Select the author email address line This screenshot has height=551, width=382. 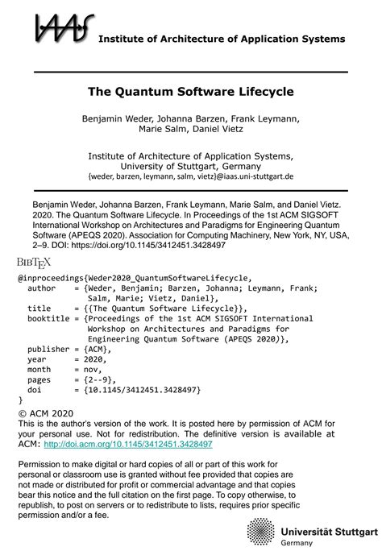point(190,176)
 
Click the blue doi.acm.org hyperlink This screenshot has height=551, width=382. point(127,443)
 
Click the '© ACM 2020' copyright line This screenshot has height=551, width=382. point(49,412)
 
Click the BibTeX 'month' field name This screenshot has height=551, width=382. point(40,370)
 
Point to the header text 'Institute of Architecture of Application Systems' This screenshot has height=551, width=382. point(222,39)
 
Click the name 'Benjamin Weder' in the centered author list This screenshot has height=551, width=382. point(117,119)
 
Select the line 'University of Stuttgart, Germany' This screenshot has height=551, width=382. point(190,165)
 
